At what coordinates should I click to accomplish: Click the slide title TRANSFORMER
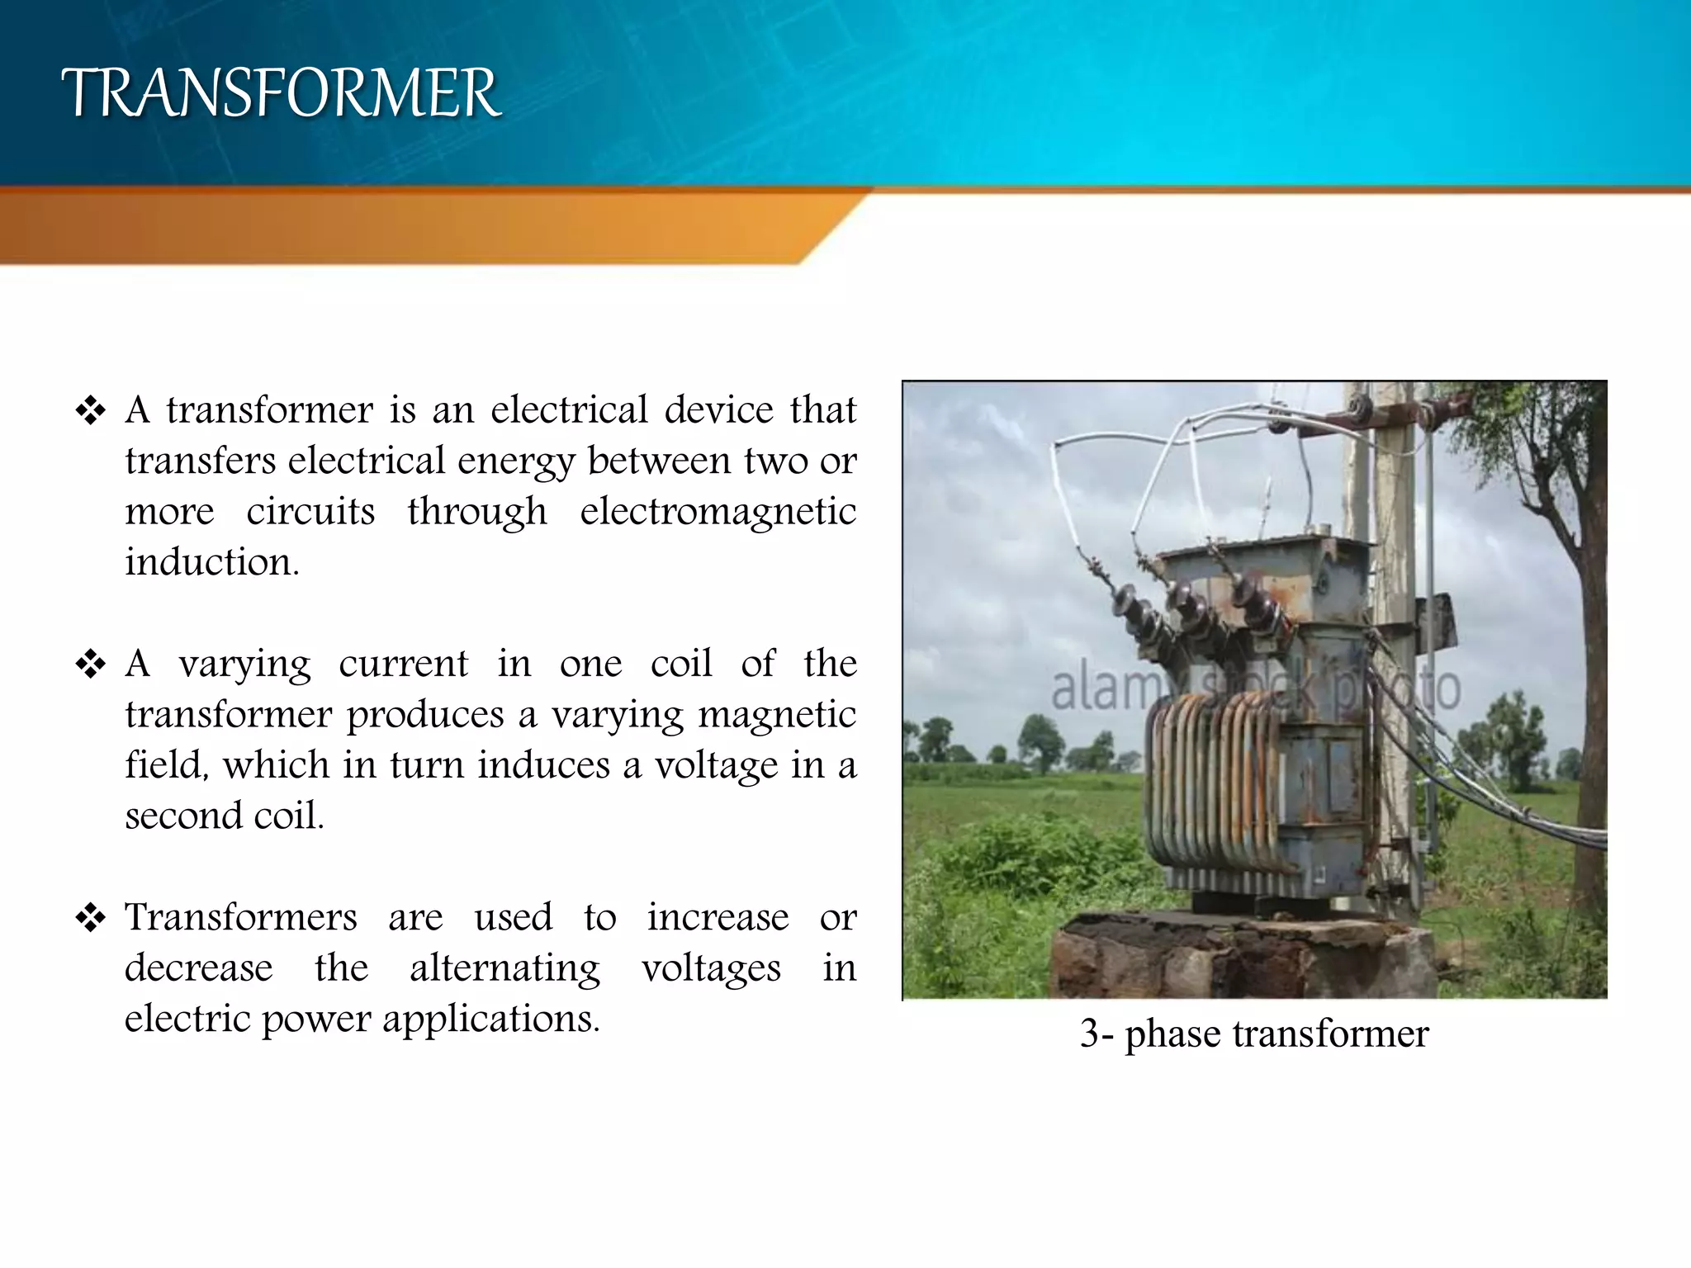coord(281,93)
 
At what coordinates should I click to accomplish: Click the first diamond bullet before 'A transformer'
coord(90,411)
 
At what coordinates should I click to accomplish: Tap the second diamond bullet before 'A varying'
coord(90,665)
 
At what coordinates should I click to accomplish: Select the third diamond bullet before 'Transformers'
coord(90,918)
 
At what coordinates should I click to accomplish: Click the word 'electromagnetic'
coord(718,512)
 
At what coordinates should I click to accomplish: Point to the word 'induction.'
coord(212,562)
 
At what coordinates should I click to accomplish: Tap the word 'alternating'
coord(504,968)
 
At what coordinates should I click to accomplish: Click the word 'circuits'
coord(310,512)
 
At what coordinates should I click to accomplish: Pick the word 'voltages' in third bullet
coord(711,968)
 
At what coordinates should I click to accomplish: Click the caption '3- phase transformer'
coord(1253,1034)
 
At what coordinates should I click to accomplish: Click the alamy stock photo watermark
coord(1255,688)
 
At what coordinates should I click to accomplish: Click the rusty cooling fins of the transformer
coord(1210,776)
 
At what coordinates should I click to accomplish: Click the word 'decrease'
coord(198,968)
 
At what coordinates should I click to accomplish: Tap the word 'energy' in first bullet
coord(515,461)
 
